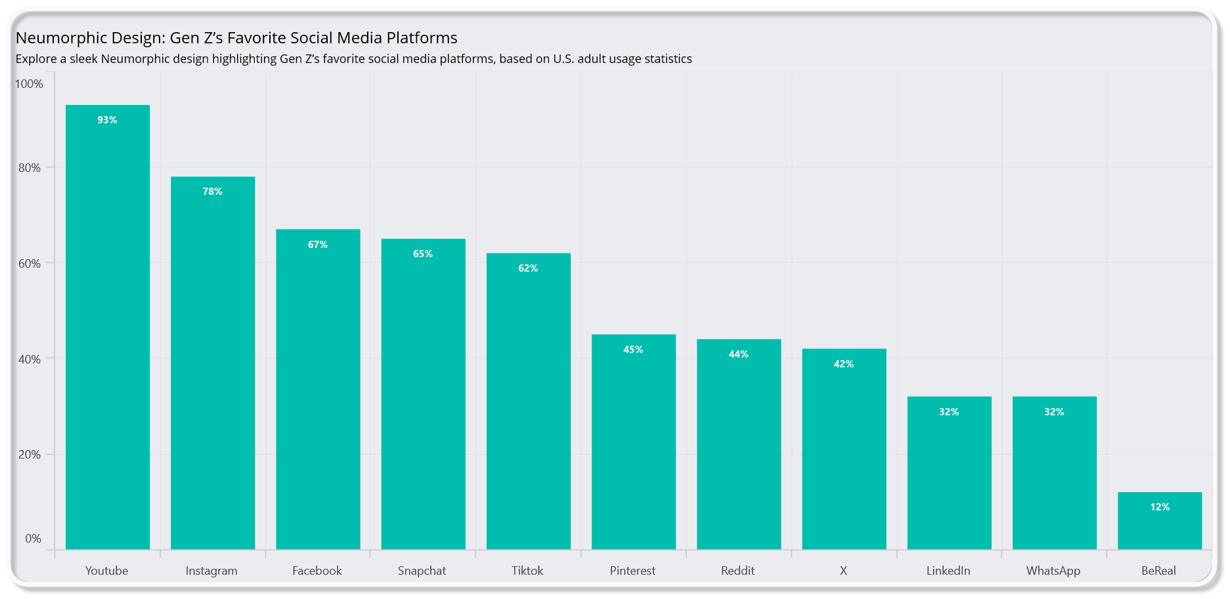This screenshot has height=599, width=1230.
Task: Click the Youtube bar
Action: tap(108, 328)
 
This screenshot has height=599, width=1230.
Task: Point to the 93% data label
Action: tap(107, 120)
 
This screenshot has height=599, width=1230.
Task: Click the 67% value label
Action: tap(318, 245)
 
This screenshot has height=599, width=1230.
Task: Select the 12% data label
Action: tap(1160, 507)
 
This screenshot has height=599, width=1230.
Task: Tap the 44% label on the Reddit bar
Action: tap(738, 354)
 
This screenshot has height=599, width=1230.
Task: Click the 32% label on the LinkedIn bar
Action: tap(949, 412)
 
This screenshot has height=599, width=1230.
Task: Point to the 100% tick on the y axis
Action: tap(29, 84)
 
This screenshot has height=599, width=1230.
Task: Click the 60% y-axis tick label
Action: tap(30, 264)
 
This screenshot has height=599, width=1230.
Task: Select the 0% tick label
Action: tap(33, 539)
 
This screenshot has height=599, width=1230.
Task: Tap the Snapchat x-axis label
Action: tap(422, 571)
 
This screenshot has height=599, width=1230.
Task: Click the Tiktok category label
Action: tap(527, 571)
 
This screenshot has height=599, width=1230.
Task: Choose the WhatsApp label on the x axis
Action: tap(1053, 571)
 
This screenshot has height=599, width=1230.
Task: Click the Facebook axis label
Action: tap(317, 571)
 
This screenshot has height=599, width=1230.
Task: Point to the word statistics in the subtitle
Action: tap(667, 59)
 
